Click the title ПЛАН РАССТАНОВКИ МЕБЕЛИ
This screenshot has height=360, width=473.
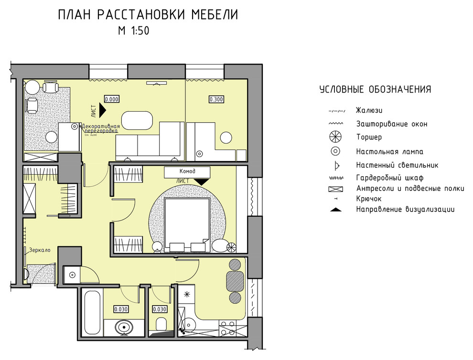point(148,15)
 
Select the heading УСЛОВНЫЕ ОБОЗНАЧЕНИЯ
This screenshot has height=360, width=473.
point(375,90)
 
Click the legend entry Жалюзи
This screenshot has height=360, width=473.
point(369,110)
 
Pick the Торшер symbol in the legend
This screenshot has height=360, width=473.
point(336,137)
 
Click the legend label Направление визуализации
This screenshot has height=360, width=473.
point(405,209)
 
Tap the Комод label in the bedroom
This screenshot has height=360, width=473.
point(187,171)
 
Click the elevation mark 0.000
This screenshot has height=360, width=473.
point(111,99)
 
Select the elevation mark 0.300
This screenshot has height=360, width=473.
point(216,99)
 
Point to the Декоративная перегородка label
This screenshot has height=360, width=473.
point(100,128)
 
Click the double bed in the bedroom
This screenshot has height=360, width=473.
point(187,224)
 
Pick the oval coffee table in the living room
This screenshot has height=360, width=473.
point(137,119)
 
